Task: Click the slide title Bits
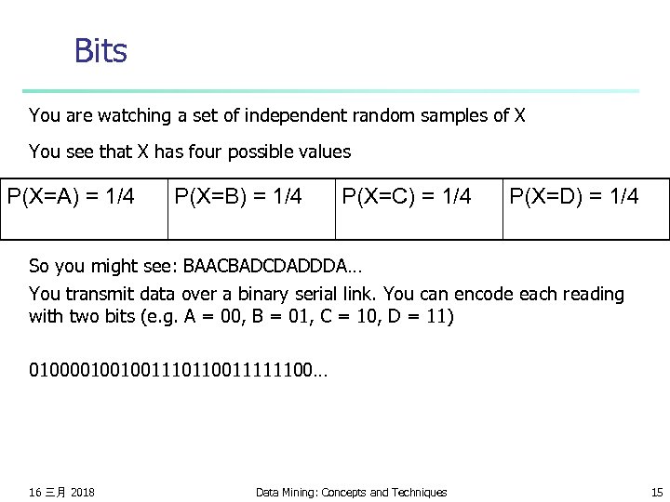[100, 51]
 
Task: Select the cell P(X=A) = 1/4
[71, 197]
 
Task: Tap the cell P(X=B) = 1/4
[238, 197]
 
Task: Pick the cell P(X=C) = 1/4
[407, 197]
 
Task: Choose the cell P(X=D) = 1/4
[574, 197]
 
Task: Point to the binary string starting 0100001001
[178, 371]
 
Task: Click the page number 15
[656, 492]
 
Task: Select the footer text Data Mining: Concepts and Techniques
[351, 492]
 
